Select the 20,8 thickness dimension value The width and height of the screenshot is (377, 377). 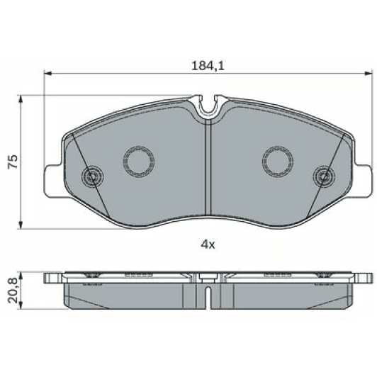point(12,290)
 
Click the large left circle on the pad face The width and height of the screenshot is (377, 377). point(137,162)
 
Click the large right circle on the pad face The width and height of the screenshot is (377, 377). point(276,162)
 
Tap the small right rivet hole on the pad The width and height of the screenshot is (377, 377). point(322,175)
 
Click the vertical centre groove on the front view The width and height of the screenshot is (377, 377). point(207,170)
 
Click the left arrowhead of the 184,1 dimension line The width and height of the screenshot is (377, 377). point(48,72)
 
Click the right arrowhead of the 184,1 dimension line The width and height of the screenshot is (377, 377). point(366,72)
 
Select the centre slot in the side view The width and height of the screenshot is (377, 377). point(207,291)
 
